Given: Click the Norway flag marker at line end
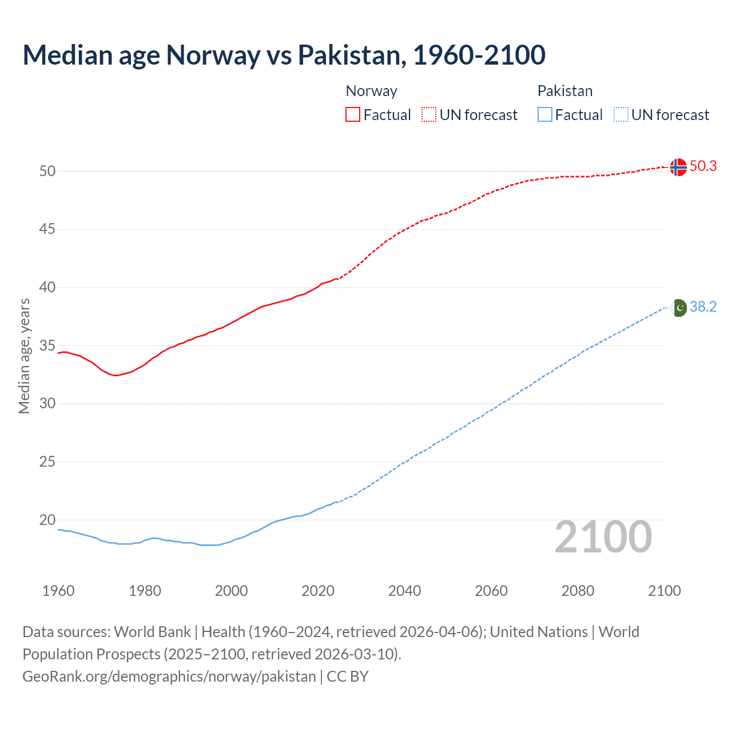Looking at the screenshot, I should click(x=678, y=167).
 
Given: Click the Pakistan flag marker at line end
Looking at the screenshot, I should click(x=678, y=308).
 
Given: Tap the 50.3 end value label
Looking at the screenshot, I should click(x=703, y=166).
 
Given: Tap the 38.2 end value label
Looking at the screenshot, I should click(x=703, y=307).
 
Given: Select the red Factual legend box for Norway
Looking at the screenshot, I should click(x=353, y=115).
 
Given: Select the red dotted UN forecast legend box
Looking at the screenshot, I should click(x=429, y=115).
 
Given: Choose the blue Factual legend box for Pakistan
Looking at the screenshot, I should click(x=544, y=115).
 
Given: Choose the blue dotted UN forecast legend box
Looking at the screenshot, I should click(x=620, y=115).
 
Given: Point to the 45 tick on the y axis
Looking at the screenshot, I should click(x=47, y=229).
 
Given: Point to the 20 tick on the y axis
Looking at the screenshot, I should click(x=47, y=520).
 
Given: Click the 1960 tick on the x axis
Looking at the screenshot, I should click(x=58, y=591).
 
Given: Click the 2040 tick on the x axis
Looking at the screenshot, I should click(x=404, y=591).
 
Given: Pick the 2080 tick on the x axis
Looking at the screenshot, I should click(x=578, y=591).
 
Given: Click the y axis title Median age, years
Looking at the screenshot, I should click(x=24, y=356).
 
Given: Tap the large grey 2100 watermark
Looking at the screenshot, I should click(x=603, y=537).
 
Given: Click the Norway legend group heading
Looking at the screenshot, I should click(x=371, y=91).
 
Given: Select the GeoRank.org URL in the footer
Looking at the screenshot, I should click(x=169, y=677).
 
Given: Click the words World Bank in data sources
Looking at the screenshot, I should click(x=152, y=632).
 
